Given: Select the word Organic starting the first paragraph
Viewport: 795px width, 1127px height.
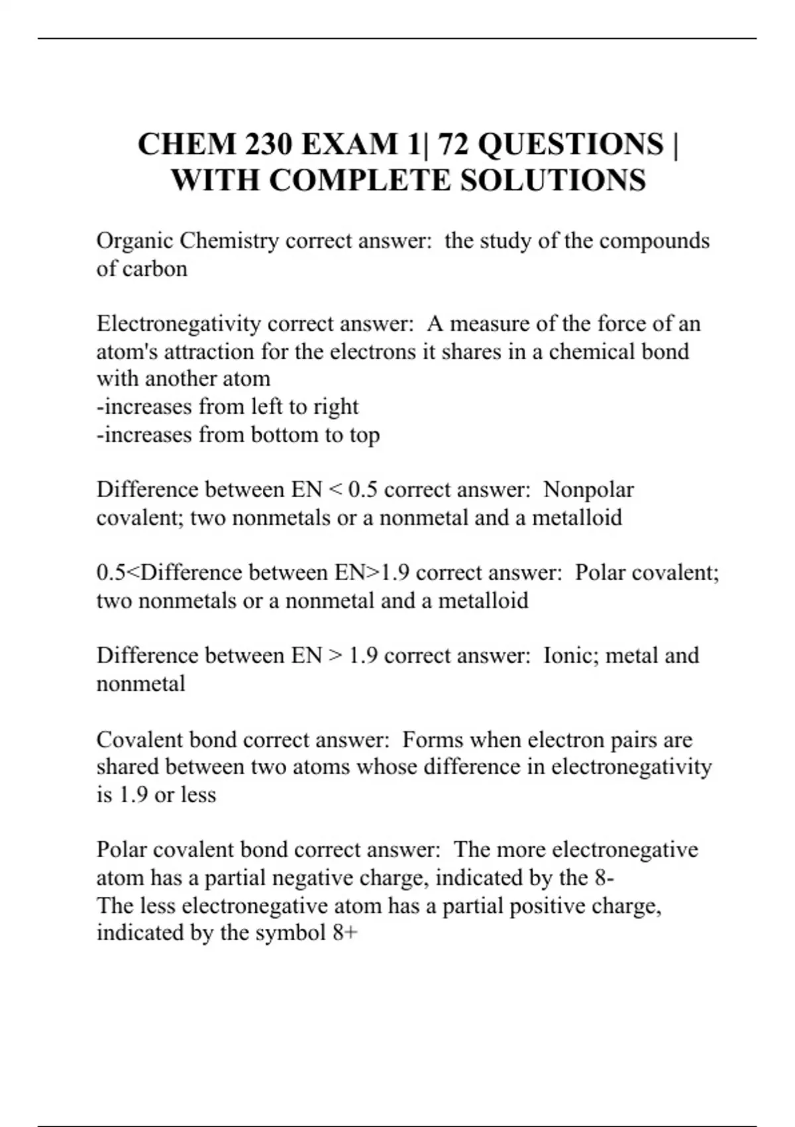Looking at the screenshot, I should [x=134, y=241].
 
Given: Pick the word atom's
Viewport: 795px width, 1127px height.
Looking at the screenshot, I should [x=127, y=351].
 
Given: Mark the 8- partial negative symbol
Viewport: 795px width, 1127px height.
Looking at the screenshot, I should [x=604, y=878].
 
